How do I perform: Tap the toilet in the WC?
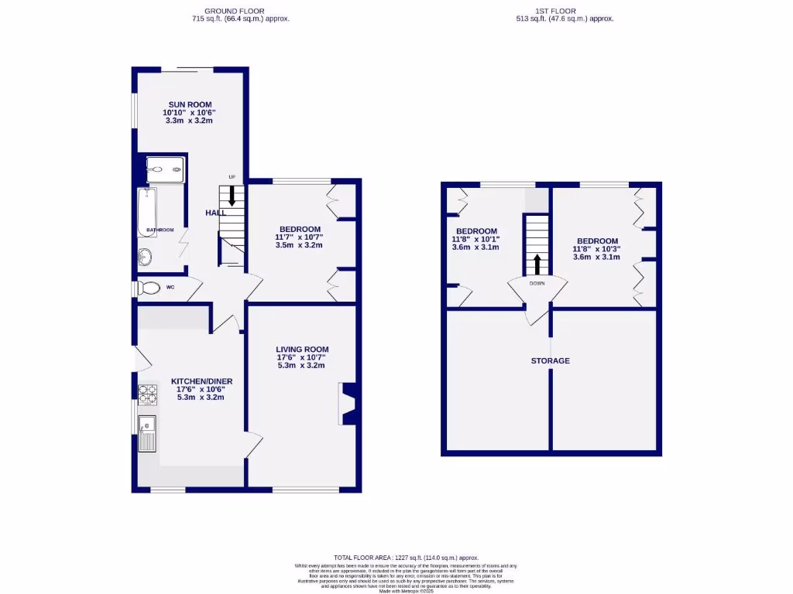click(x=149, y=288)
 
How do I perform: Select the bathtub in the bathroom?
click(x=147, y=213)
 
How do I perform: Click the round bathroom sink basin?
click(x=146, y=257)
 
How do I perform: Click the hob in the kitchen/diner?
click(x=147, y=394)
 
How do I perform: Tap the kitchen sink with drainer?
click(x=147, y=434)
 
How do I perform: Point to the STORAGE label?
click(x=551, y=361)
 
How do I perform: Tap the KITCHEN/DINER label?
click(x=201, y=381)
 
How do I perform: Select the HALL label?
click(x=215, y=213)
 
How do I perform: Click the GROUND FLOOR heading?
click(x=240, y=11)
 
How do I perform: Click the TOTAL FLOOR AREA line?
click(x=406, y=558)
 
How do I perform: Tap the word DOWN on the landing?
click(x=537, y=283)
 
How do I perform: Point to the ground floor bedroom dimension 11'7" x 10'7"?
click(x=299, y=237)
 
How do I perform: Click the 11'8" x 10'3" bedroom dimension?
click(x=596, y=249)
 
